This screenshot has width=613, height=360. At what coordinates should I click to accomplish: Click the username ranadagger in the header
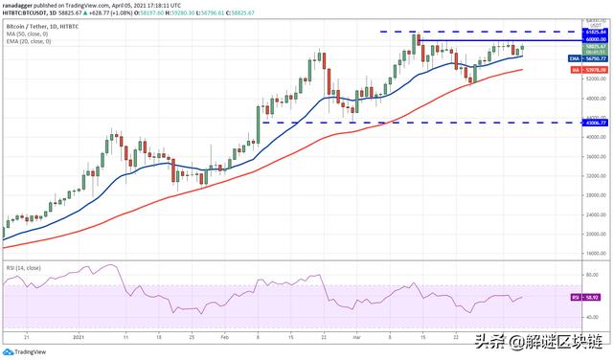click(x=20, y=5)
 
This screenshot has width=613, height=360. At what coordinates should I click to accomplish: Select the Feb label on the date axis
click(x=223, y=337)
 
